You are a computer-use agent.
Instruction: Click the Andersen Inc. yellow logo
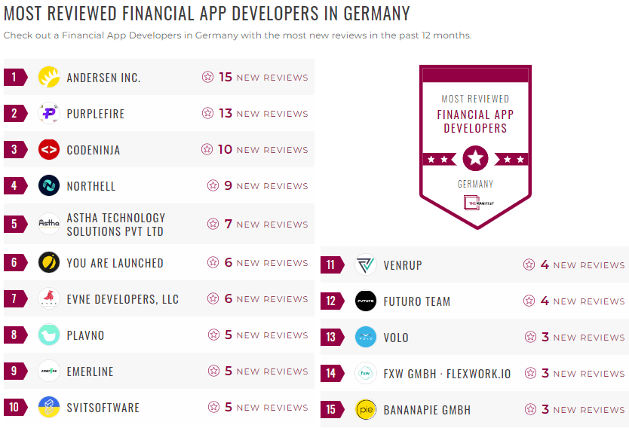coord(49,77)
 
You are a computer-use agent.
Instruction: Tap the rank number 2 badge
coord(14,114)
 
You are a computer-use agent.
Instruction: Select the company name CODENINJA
coord(93,150)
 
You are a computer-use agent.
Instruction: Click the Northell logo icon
coord(49,185)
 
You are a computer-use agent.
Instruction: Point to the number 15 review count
coord(226,77)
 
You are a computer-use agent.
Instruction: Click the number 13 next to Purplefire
coord(226,113)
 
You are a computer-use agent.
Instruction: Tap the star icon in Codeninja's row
coord(207,149)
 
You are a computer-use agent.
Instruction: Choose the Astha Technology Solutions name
coord(115,225)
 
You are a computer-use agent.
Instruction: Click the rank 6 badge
coord(14,263)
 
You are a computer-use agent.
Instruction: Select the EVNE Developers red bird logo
coord(49,299)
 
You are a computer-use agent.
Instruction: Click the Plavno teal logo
coord(49,335)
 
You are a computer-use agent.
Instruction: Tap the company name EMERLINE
coord(90,371)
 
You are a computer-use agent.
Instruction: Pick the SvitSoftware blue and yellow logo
coord(49,408)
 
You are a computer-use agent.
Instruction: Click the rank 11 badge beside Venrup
coord(331,265)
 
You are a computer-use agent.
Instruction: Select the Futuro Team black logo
coord(366,301)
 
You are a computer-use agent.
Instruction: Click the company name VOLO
coord(396,338)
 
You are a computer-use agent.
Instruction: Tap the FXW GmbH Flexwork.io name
coord(446,374)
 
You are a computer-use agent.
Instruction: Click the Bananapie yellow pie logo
coord(366,410)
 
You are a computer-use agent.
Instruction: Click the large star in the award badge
coord(475,158)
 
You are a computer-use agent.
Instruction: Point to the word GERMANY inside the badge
coord(475,184)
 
